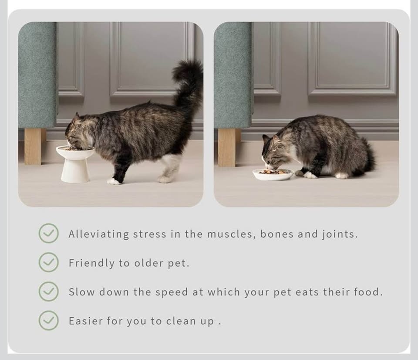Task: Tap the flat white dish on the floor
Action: [x=273, y=174]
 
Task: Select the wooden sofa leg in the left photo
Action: [x=33, y=146]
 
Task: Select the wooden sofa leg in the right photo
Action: [x=227, y=147]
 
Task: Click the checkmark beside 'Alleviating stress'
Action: [x=48, y=233]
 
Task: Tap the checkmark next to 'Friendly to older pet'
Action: [x=48, y=262]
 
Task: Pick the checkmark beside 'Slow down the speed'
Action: [x=48, y=292]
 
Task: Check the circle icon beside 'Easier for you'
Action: [x=48, y=320]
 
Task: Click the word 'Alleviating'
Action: [x=99, y=234]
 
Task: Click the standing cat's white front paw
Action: [x=114, y=181]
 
